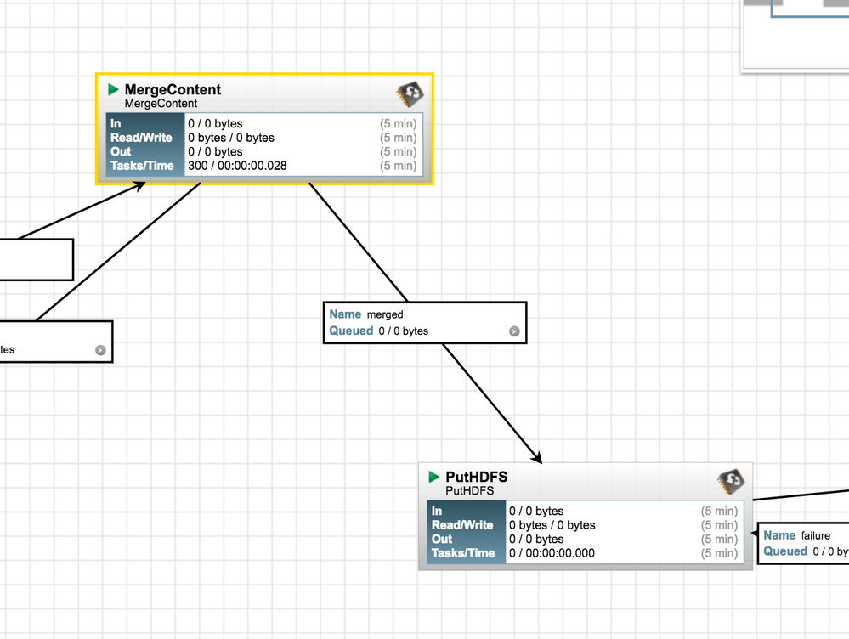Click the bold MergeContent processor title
[x=173, y=89]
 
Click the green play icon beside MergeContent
[x=114, y=89]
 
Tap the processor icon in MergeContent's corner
[x=410, y=93]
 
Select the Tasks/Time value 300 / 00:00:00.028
[x=237, y=166]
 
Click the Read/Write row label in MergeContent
[x=141, y=138]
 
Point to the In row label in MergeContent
[x=116, y=124]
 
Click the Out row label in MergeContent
[x=121, y=152]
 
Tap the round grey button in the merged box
[x=514, y=331]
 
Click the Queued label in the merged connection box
[x=351, y=331]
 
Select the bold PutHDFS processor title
[x=476, y=478]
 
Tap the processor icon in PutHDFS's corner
[x=731, y=481]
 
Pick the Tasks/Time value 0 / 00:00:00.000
[x=552, y=553]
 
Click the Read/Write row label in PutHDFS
[x=462, y=525]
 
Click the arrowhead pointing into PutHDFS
[x=537, y=457]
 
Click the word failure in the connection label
[x=815, y=535]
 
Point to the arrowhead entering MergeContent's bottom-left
[x=138, y=186]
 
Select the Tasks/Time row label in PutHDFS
[x=462, y=553]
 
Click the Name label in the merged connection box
[x=345, y=314]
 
